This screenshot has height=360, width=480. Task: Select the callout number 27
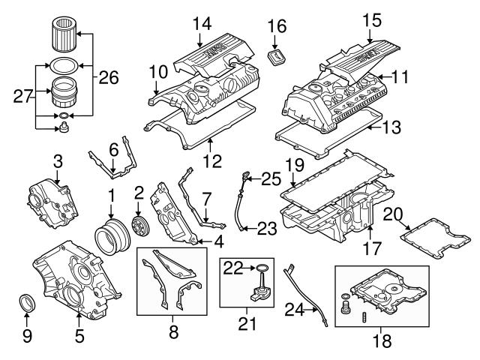pyautogui.click(x=22, y=95)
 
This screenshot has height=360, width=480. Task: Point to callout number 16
pyautogui.click(x=277, y=26)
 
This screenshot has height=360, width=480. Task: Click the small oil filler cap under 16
pyautogui.click(x=277, y=58)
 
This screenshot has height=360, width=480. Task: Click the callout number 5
pyautogui.click(x=80, y=337)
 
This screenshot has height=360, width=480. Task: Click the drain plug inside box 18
pyautogui.click(x=345, y=306)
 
